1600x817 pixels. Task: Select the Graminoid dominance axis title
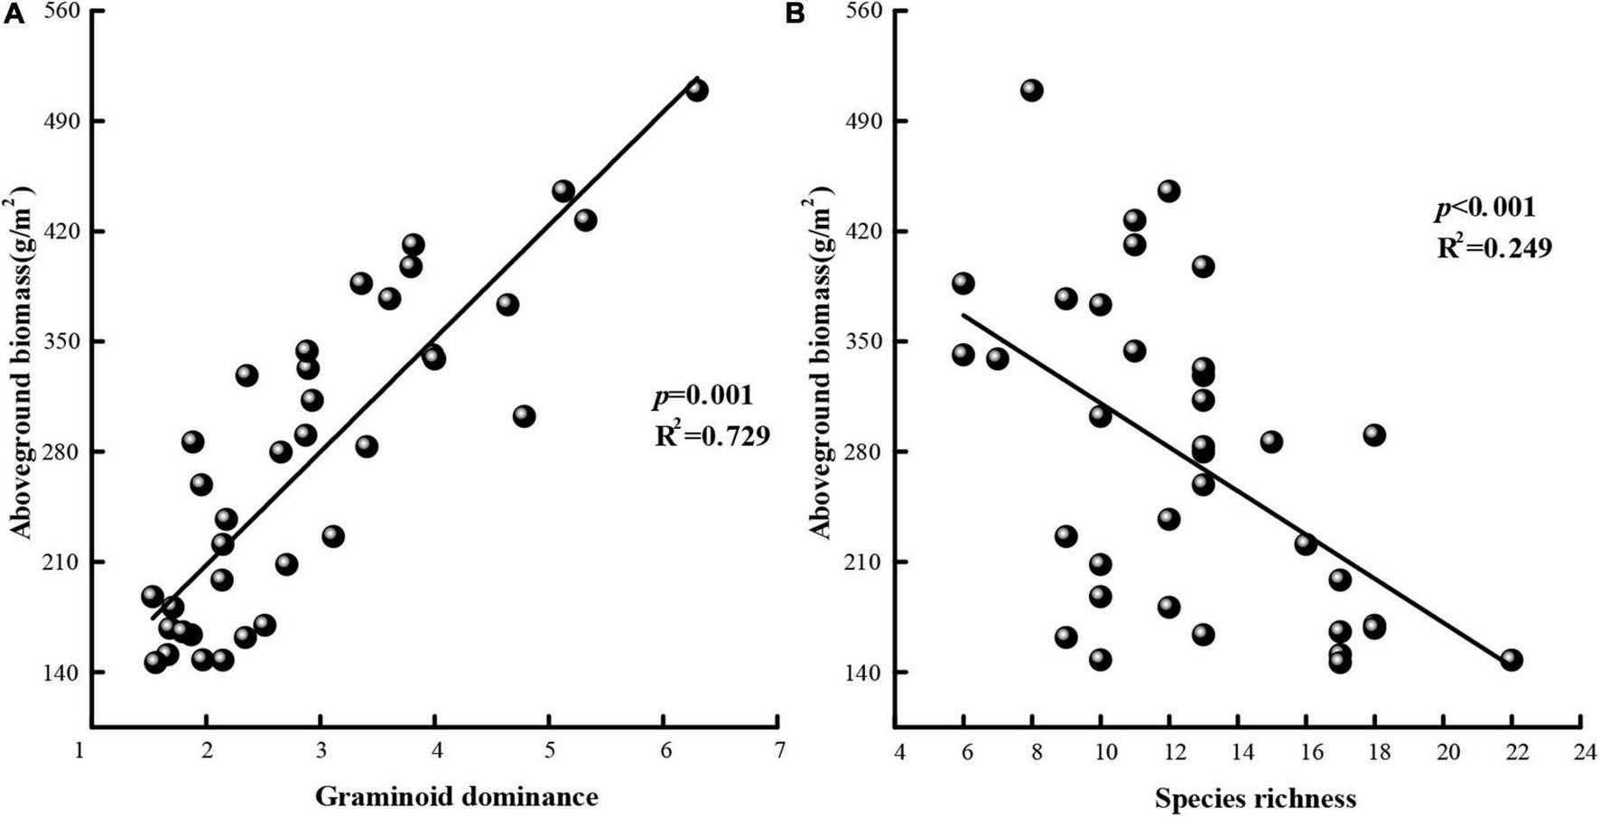tap(456, 796)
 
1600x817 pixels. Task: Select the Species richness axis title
tap(1255, 798)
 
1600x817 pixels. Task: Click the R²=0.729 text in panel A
tap(712, 436)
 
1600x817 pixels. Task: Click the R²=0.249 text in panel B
tap(1493, 247)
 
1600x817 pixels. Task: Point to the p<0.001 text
tap(1484, 208)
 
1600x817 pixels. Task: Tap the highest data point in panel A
tap(696, 90)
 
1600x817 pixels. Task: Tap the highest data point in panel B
tap(1032, 90)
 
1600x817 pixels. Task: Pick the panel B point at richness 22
tap(1512, 660)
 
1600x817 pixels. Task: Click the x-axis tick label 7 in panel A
tap(778, 751)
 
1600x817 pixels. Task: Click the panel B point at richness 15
tap(1271, 441)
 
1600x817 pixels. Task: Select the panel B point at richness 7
tap(998, 358)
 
